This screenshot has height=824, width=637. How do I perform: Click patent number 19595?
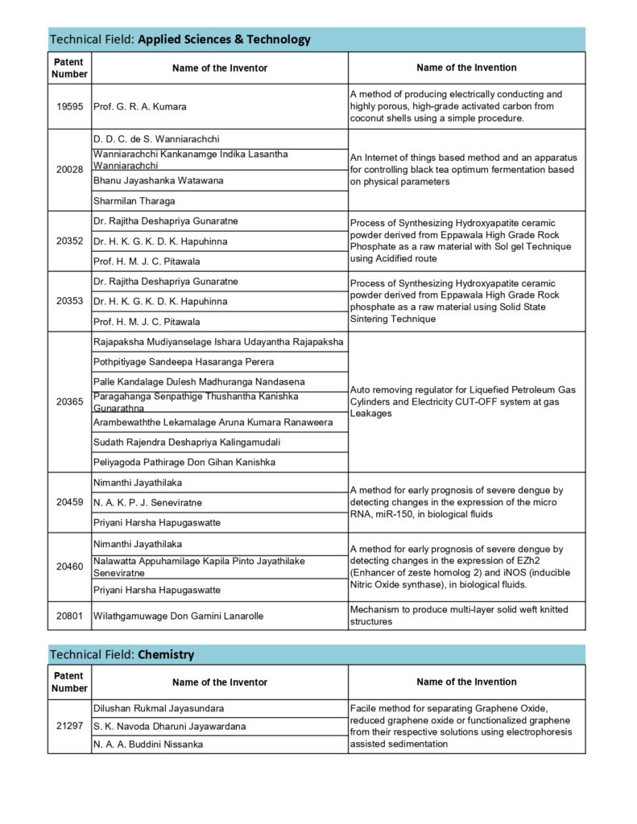(69, 106)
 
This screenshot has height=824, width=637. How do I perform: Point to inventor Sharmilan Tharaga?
(134, 201)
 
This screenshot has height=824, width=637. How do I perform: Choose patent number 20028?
(69, 170)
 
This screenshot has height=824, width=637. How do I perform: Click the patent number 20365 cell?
(69, 402)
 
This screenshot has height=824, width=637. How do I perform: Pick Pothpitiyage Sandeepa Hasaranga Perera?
(184, 362)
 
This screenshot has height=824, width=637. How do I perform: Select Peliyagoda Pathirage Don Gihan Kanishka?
(184, 462)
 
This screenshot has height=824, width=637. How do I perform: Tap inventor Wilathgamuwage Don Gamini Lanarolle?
(178, 616)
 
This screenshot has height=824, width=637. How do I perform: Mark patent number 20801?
(69, 616)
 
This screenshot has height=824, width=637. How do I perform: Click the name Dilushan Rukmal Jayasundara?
(159, 708)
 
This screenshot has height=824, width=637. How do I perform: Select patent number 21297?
(69, 727)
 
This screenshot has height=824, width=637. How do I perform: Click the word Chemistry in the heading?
(166, 654)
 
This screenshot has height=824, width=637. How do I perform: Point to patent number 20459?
(69, 502)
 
